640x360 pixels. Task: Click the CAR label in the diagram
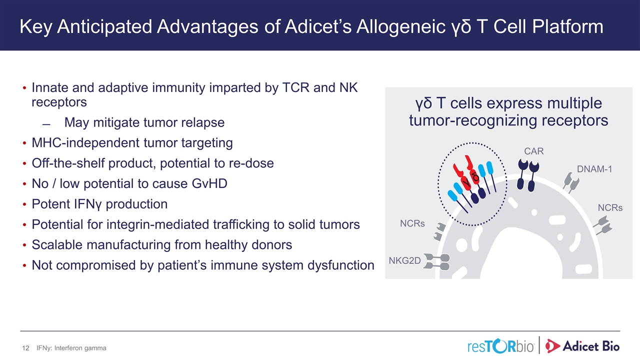tap(533, 151)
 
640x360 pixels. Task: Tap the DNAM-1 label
tap(594, 169)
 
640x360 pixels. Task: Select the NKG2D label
tap(404, 260)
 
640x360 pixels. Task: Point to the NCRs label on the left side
tap(412, 223)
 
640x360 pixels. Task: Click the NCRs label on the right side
tap(610, 207)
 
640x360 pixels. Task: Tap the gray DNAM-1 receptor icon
tap(571, 182)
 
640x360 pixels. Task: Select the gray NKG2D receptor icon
tap(436, 261)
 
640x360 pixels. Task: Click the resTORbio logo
tap(500, 346)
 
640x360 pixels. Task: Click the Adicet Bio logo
tap(582, 346)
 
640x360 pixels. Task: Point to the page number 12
tap(25, 348)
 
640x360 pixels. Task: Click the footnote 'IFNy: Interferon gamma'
tap(71, 348)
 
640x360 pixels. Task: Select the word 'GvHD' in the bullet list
tap(209, 183)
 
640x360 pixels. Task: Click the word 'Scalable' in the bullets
tap(57, 245)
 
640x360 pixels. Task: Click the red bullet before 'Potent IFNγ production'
tap(24, 204)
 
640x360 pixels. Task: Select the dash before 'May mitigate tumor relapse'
tap(46, 124)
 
